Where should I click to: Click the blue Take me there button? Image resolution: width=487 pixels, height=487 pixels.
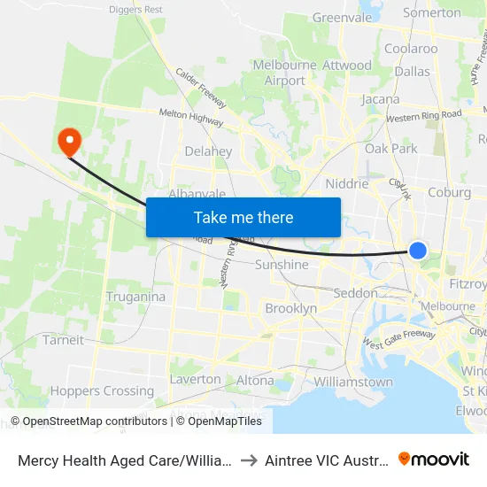(x=243, y=217)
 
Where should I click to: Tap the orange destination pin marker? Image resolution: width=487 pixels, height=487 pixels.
(x=68, y=141)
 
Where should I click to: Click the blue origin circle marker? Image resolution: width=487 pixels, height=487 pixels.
(x=418, y=251)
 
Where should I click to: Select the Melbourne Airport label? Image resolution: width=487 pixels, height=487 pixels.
(x=285, y=73)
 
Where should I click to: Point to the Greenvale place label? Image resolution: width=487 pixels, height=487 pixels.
(x=342, y=17)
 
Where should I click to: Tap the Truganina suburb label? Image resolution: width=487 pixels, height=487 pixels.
(x=135, y=297)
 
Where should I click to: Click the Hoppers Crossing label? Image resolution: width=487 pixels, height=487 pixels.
(x=103, y=390)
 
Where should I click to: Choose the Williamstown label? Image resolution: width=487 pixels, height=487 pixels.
(x=353, y=382)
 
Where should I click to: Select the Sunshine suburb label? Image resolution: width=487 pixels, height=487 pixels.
(x=282, y=264)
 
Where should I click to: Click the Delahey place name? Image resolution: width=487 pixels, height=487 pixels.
(x=208, y=151)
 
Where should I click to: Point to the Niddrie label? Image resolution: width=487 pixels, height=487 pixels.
(x=346, y=183)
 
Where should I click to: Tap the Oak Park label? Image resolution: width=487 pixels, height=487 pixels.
(x=390, y=148)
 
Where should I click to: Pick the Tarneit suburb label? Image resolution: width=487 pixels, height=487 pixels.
(x=63, y=339)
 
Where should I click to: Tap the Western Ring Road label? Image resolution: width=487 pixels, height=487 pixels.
(x=424, y=115)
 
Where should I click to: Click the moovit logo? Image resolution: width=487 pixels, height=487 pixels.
(x=434, y=459)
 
